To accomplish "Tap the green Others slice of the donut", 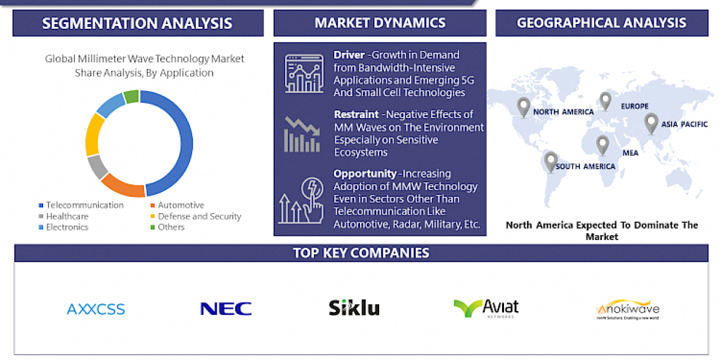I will tap(131, 96).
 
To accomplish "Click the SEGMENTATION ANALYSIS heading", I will tap(137, 23).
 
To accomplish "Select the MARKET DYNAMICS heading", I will tap(380, 23).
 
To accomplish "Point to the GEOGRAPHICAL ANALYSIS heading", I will tap(602, 23).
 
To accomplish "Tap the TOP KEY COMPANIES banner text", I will tap(361, 253).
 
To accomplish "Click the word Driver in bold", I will tap(349, 55).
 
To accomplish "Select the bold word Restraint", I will tap(356, 114).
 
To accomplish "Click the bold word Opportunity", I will tap(364, 173).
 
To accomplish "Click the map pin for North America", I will tap(524, 107).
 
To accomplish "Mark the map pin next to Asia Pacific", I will tap(651, 122).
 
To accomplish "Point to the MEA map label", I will tap(630, 153).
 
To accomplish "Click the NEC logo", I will tap(226, 309).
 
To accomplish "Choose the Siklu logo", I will tap(354, 308).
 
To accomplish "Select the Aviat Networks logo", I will tap(486, 308).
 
